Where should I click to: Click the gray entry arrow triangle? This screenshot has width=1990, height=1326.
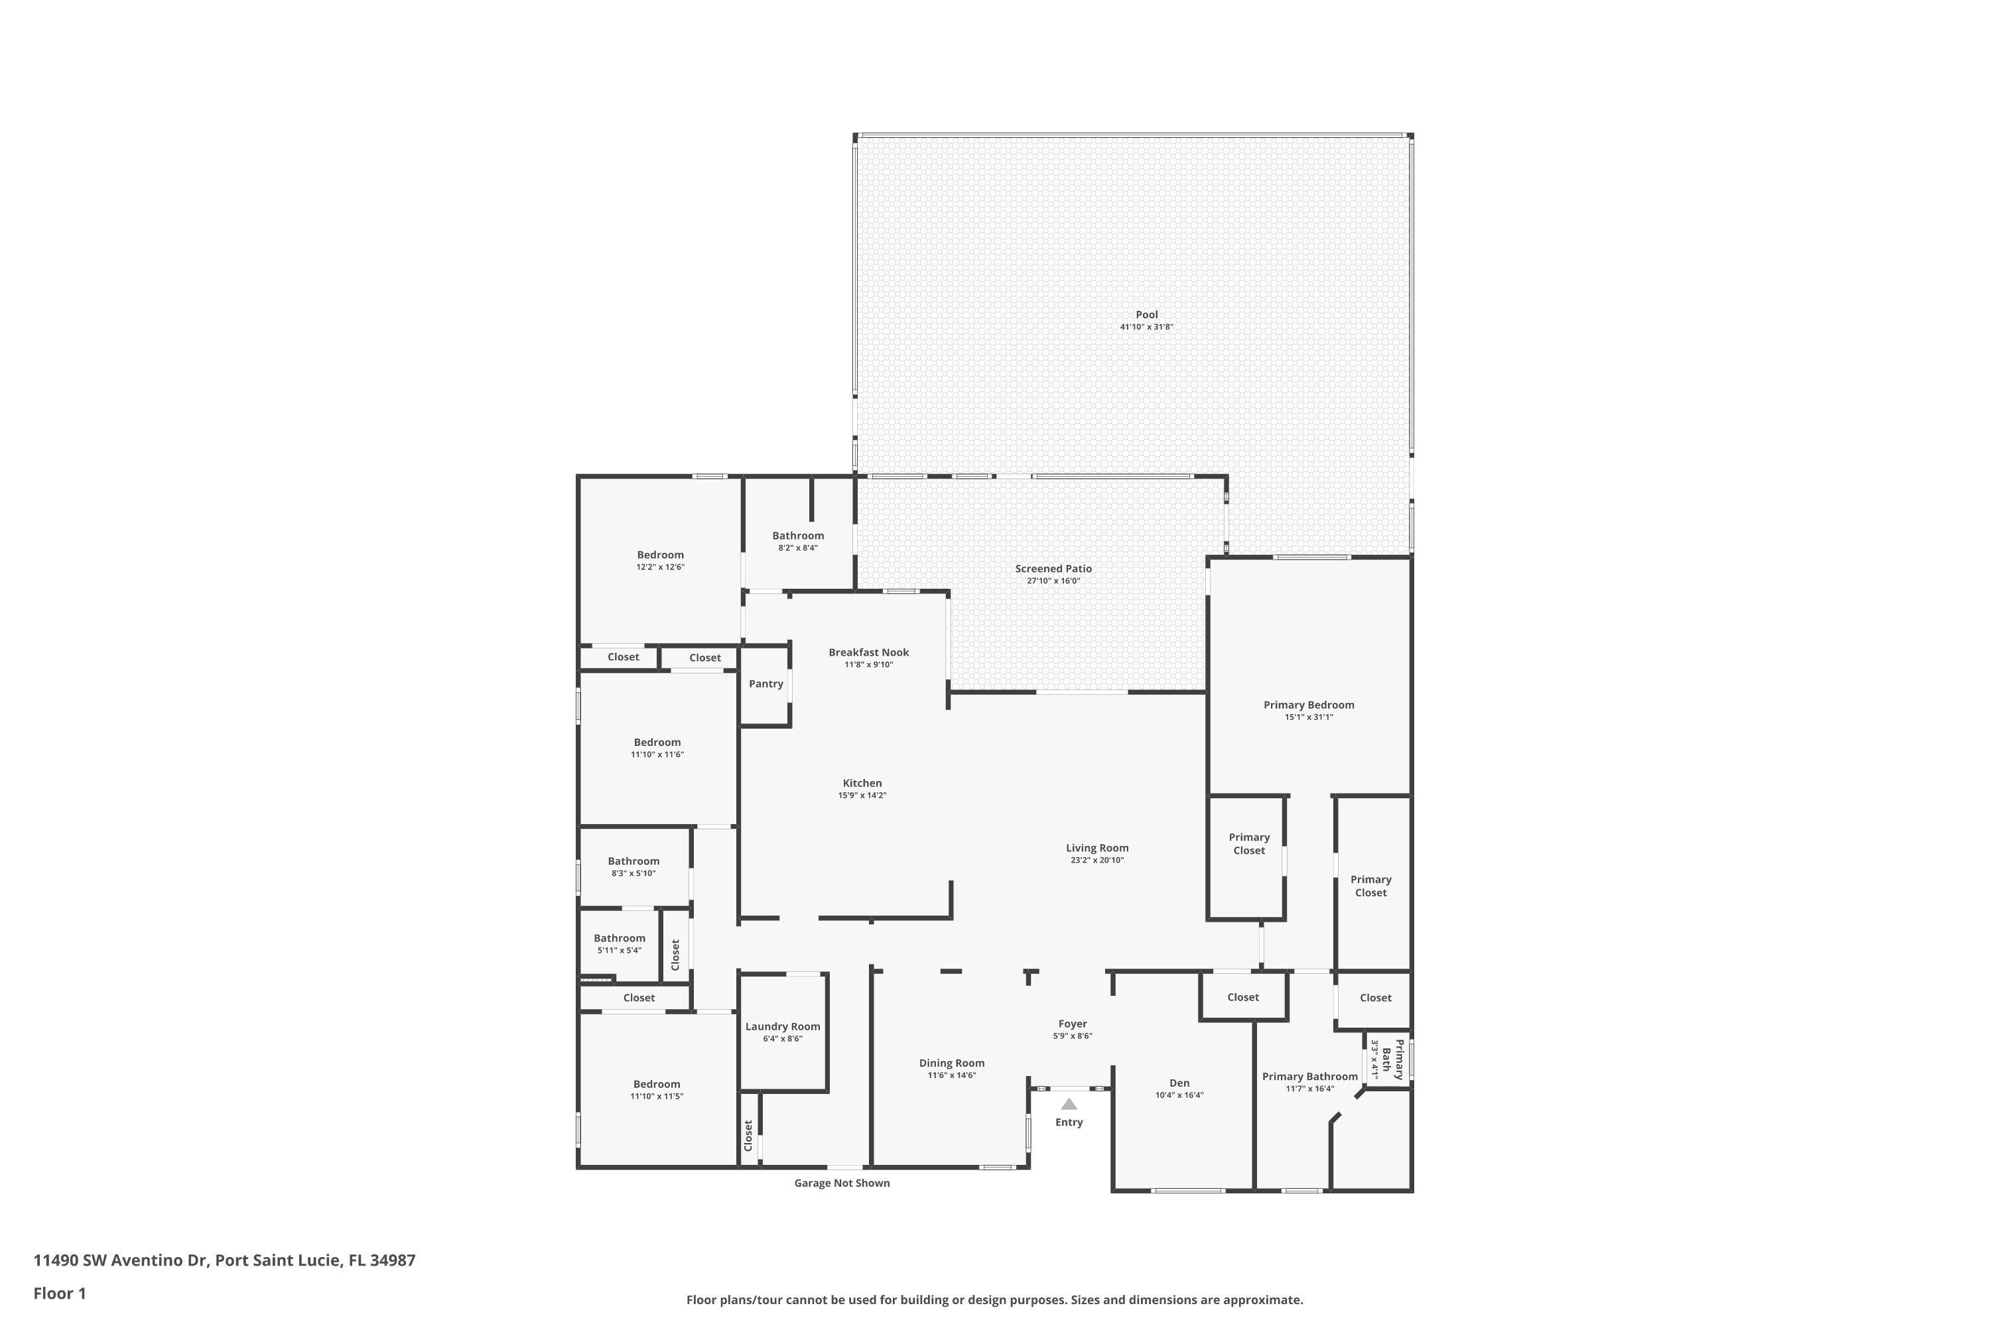click(x=1069, y=1104)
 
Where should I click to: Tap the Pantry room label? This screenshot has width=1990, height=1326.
click(x=765, y=684)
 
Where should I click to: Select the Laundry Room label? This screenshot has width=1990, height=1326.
click(x=783, y=1026)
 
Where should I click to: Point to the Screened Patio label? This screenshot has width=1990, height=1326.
click(x=1053, y=568)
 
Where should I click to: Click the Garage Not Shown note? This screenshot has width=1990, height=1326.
click(x=842, y=1183)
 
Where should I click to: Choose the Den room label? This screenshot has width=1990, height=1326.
click(x=1179, y=1083)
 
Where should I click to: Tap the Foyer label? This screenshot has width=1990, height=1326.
click(x=1072, y=1023)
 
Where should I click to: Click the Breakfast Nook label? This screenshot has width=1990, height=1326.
click(x=869, y=652)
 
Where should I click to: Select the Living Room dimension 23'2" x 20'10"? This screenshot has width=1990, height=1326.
click(x=1096, y=860)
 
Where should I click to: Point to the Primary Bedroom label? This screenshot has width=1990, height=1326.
click(x=1309, y=704)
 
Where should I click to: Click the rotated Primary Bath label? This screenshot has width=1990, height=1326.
click(x=1388, y=1059)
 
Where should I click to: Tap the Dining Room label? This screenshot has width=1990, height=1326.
click(x=952, y=1063)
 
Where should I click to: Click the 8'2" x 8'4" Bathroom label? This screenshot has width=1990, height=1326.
click(x=798, y=535)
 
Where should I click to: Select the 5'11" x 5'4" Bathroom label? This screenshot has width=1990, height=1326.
click(x=620, y=938)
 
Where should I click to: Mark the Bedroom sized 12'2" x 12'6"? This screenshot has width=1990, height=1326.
click(x=660, y=555)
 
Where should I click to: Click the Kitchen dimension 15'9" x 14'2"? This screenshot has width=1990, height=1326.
click(x=862, y=796)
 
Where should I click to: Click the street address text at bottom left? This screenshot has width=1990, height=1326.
click(x=224, y=1260)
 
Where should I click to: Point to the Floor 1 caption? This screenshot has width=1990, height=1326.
click(x=59, y=1293)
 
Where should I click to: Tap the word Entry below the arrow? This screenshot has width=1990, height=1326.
click(x=1069, y=1122)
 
